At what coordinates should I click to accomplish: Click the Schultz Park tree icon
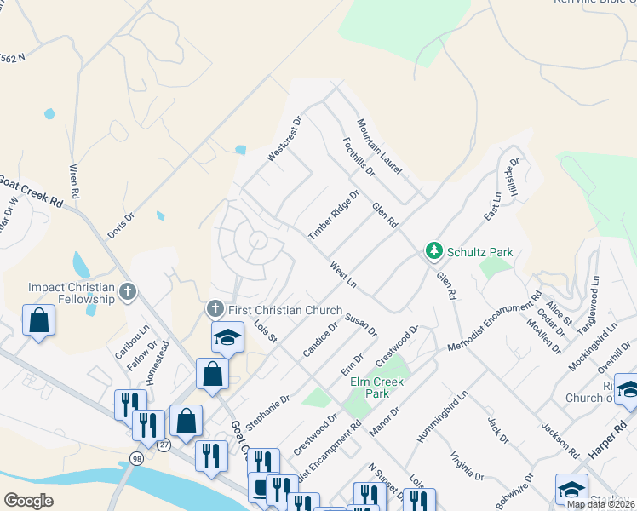pos(434,251)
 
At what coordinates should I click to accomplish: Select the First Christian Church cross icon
pos(215,308)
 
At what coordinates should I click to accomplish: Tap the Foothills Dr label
pos(359,156)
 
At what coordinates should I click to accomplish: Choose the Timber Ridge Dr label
pos(334,215)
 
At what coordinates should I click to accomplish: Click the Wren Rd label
pos(74,181)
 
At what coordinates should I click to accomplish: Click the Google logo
pos(28,500)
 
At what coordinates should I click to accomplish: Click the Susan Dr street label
pos(361,324)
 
